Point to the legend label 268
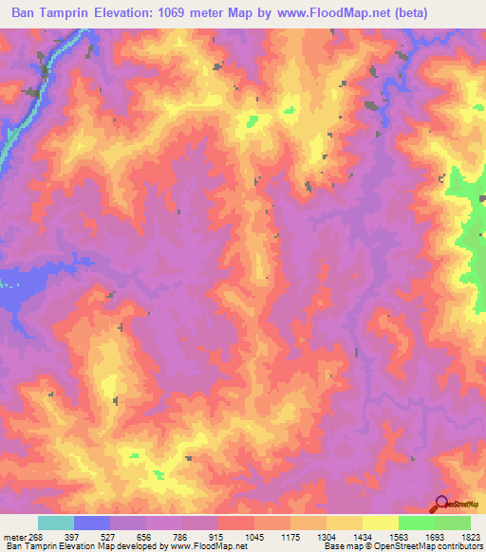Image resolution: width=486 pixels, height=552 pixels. pos(34,536)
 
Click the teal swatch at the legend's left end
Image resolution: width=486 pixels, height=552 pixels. pos(56,523)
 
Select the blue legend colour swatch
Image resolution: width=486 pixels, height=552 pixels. pos(92,523)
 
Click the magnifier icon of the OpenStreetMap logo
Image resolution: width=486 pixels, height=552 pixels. pos(439,504)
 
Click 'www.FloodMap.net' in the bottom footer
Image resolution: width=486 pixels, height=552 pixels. pos(207,547)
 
